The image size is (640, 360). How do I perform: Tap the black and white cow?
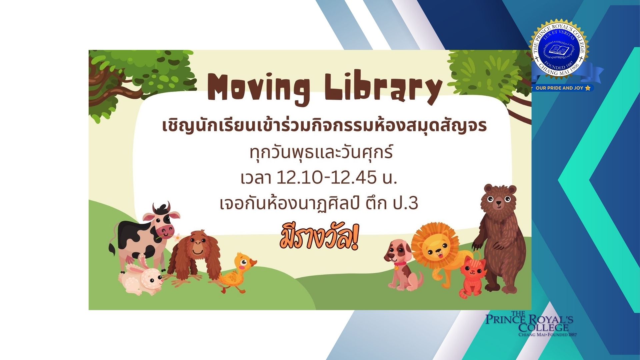143,237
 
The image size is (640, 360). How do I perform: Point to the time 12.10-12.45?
326,177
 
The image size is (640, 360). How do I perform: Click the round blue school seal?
559,50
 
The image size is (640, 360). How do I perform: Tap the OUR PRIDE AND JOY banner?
563,88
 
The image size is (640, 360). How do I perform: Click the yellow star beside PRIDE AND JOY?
588,88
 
